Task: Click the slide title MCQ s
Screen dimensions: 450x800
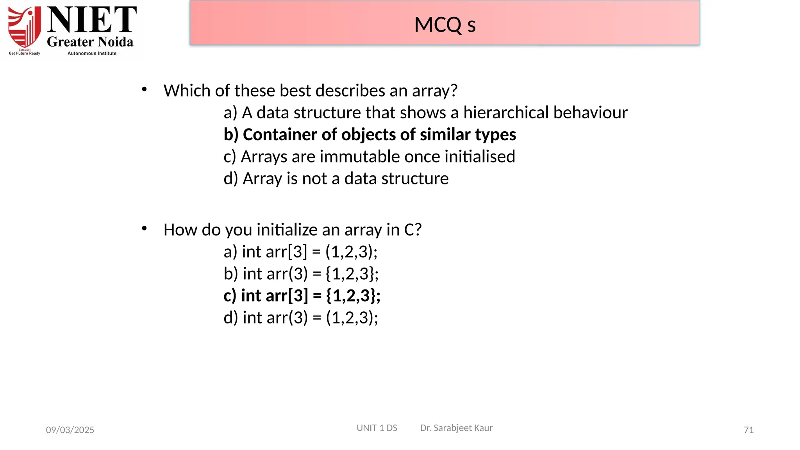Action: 445,25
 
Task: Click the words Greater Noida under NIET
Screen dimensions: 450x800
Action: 90,42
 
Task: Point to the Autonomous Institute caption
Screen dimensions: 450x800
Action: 92,54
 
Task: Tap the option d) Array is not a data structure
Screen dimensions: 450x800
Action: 336,179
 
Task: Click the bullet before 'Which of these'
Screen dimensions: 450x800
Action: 144,89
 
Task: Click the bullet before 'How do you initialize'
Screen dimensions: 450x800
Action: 144,228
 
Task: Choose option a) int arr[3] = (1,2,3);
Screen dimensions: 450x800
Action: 300,252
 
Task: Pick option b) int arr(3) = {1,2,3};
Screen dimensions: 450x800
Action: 301,273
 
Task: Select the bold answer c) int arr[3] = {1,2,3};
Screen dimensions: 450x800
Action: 302,295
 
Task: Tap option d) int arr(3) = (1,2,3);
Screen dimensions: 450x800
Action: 301,318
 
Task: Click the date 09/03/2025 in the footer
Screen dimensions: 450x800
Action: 70,430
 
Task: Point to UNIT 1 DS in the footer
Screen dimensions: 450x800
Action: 377,428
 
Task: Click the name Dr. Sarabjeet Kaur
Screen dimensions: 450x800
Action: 456,428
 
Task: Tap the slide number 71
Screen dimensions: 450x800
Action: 748,430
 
